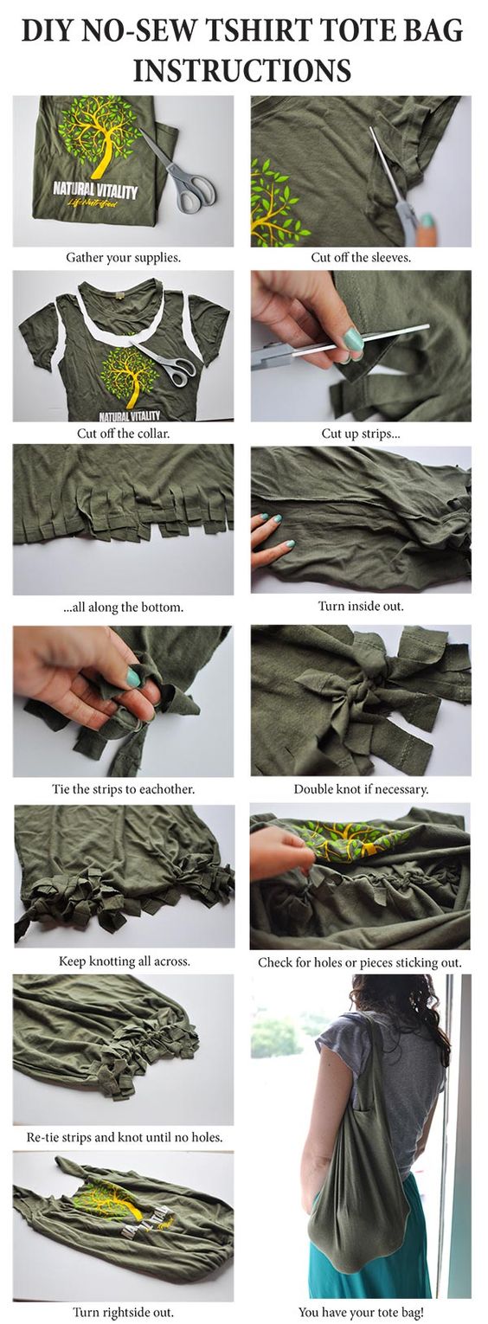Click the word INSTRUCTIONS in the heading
pos(242,70)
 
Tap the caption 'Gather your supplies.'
pos(123,258)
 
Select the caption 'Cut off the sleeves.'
pos(361,258)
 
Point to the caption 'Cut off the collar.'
pos(123,434)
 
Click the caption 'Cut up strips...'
pos(361,434)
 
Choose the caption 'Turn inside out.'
pos(361,606)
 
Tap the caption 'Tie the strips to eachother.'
pos(123,789)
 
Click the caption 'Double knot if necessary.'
pos(361,789)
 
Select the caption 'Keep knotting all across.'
pos(124,961)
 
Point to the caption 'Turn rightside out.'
pos(123,1313)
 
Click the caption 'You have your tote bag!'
pos(361,1313)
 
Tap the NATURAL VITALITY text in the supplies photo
pos(95,190)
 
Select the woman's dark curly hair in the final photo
pos(414,1011)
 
